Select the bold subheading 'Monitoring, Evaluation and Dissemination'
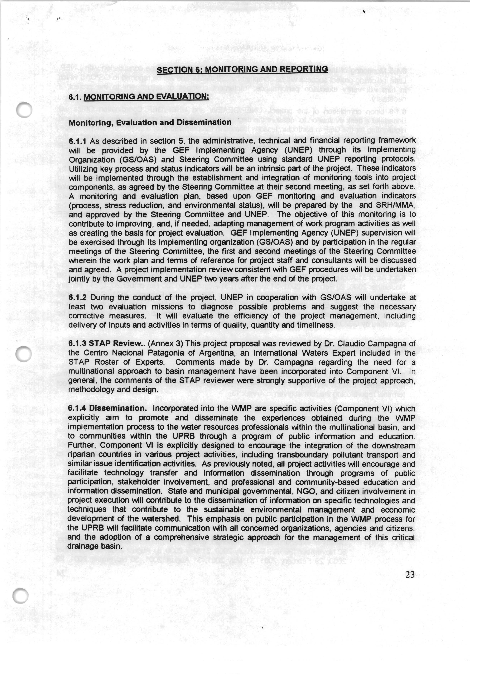pyautogui.click(x=150, y=123)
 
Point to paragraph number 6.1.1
pyautogui.click(x=77, y=142)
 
